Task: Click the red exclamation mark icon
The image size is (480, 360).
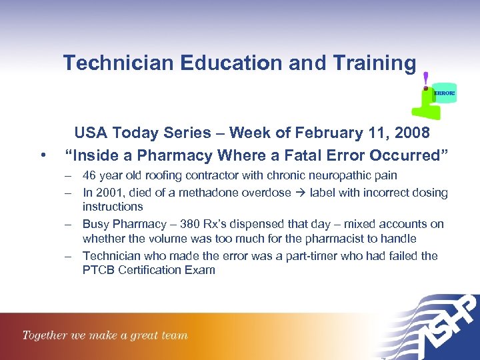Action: (x=425, y=81)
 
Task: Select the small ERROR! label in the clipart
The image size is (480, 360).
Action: (x=444, y=93)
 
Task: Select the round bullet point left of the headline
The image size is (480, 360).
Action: (x=43, y=156)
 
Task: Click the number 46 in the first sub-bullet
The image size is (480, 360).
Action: (x=89, y=175)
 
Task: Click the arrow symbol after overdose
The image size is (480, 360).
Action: (x=299, y=193)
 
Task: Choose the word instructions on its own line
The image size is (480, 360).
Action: (x=113, y=207)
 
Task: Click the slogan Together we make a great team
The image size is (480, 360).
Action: (x=105, y=335)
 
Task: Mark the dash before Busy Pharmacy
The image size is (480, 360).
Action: (x=69, y=224)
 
